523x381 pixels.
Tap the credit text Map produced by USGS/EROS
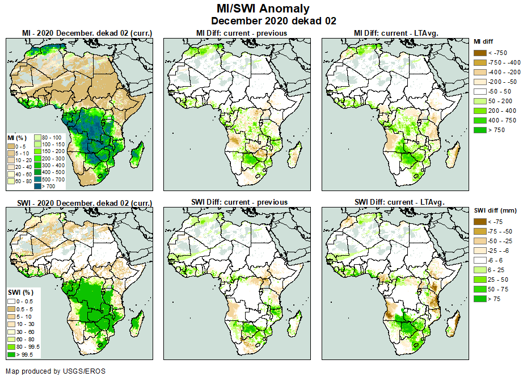coord(56,371)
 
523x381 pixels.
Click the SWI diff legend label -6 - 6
coord(496,260)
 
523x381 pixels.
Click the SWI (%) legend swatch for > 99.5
coord(11,354)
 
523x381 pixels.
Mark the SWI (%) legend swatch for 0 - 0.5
coord(11,300)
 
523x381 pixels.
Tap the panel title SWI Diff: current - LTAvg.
coord(399,202)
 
